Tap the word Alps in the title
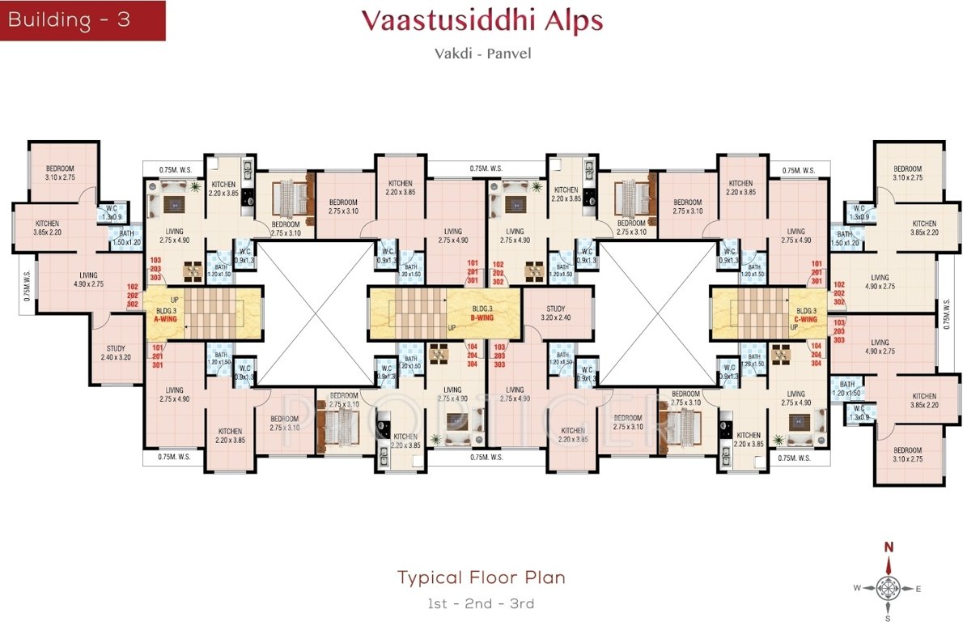pyautogui.click(x=574, y=20)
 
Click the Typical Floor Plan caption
pyautogui.click(x=481, y=577)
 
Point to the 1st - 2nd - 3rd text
pyautogui.click(x=481, y=603)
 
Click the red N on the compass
pyautogui.click(x=888, y=547)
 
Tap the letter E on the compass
pyautogui.click(x=918, y=589)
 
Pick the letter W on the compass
pyautogui.click(x=857, y=589)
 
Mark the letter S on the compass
pyautogui.click(x=888, y=617)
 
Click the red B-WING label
pyautogui.click(x=482, y=317)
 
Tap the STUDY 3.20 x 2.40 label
pyautogui.click(x=555, y=313)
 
